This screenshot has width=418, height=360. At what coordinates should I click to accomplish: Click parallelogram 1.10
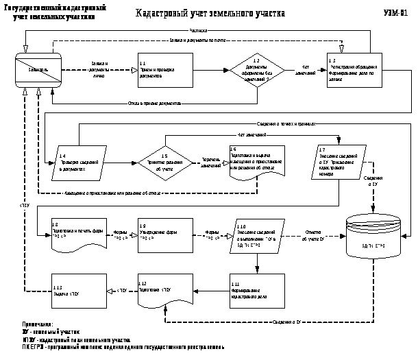tap(256, 236)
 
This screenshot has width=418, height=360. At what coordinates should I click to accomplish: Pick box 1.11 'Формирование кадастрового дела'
tap(256, 289)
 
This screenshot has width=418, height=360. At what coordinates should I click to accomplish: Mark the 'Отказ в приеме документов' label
tap(154, 104)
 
